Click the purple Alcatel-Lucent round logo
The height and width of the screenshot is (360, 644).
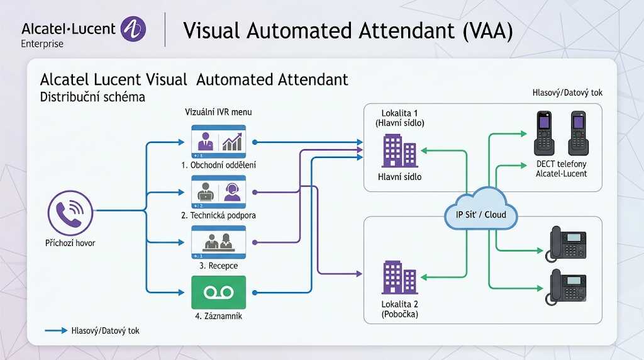pyautogui.click(x=133, y=29)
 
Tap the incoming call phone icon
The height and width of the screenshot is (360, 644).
pyautogui.click(x=70, y=213)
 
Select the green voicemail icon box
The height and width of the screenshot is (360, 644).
pyautogui.click(x=218, y=292)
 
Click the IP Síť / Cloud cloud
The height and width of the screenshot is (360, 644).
pyautogui.click(x=480, y=208)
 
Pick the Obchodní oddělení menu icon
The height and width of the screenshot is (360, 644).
pyautogui.click(x=218, y=142)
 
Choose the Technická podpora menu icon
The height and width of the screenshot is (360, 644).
pyautogui.click(x=218, y=192)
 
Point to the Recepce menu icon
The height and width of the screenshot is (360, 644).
pyautogui.click(x=218, y=242)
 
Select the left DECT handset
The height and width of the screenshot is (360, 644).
pyautogui.click(x=544, y=133)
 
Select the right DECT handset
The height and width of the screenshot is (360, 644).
pyautogui.click(x=579, y=133)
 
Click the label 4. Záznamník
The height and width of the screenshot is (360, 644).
pyautogui.click(x=218, y=316)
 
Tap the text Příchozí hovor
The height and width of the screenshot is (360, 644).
pyautogui.click(x=70, y=243)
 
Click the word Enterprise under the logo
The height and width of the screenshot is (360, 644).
pyautogui.click(x=42, y=43)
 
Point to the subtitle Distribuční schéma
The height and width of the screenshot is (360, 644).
pyautogui.click(x=92, y=97)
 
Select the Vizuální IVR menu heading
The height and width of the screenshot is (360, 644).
pyautogui.click(x=218, y=112)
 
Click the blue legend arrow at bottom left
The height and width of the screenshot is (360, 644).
pyautogui.click(x=56, y=330)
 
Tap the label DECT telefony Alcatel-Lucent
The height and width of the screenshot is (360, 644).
pyautogui.click(x=562, y=169)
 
